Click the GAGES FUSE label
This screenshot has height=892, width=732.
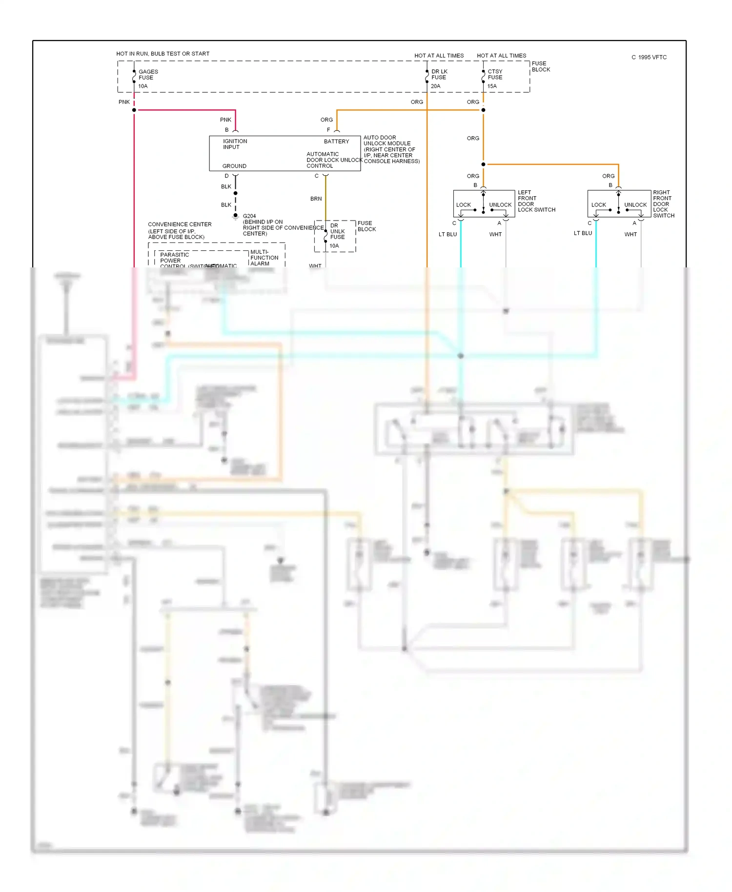[148, 75]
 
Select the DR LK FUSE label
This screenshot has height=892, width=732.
[439, 75]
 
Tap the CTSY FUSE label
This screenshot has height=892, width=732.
[495, 75]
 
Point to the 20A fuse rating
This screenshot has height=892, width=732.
[435, 86]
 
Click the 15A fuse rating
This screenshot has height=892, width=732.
[492, 86]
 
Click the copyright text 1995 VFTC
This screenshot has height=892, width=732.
[649, 58]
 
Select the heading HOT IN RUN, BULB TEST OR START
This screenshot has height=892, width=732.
[163, 54]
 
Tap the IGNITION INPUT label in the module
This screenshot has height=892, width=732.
[235, 144]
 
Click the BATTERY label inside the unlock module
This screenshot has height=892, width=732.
[336, 142]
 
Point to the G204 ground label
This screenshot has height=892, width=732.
[249, 216]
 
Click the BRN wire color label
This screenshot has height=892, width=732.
[316, 199]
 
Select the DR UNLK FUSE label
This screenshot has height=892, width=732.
[337, 231]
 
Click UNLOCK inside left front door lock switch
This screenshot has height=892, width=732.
[500, 205]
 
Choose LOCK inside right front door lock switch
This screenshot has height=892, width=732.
[598, 205]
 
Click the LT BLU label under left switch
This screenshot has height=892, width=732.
[447, 234]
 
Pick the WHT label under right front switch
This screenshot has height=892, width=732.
[630, 234]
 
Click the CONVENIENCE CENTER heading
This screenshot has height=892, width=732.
[180, 224]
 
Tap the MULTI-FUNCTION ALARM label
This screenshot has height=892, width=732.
[264, 258]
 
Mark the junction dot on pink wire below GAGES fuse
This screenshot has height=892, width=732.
[134, 110]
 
